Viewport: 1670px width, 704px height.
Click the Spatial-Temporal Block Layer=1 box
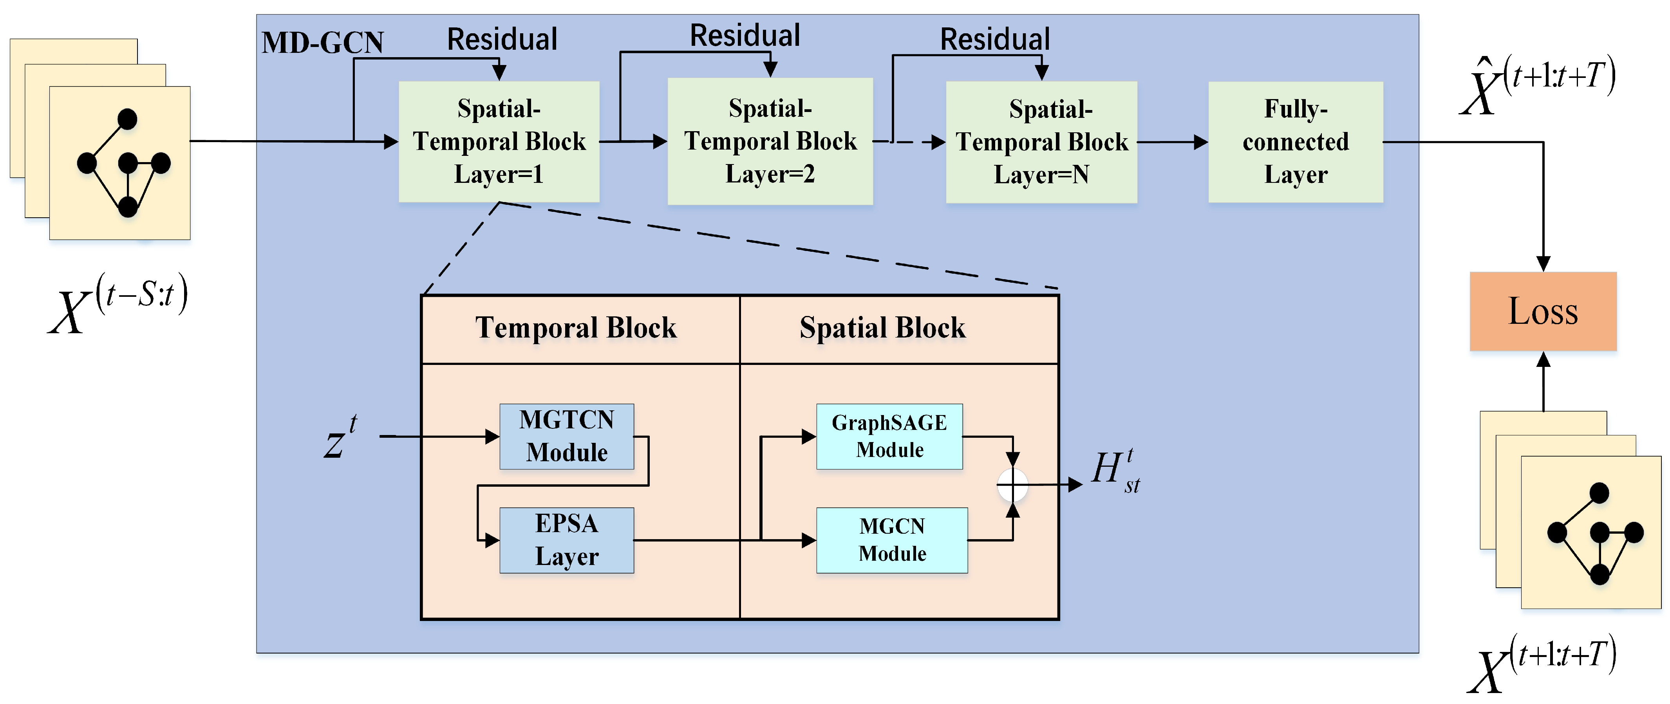pos(499,141)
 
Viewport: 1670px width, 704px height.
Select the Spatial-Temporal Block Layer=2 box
pos(770,141)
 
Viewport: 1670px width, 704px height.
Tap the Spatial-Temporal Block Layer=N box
pos(1041,142)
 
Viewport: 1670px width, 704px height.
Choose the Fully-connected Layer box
pos(1295,142)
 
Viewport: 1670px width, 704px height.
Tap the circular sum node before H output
pos(1012,484)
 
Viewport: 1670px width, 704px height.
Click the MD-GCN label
pos(322,43)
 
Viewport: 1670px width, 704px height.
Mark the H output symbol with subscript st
pos(1114,471)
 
